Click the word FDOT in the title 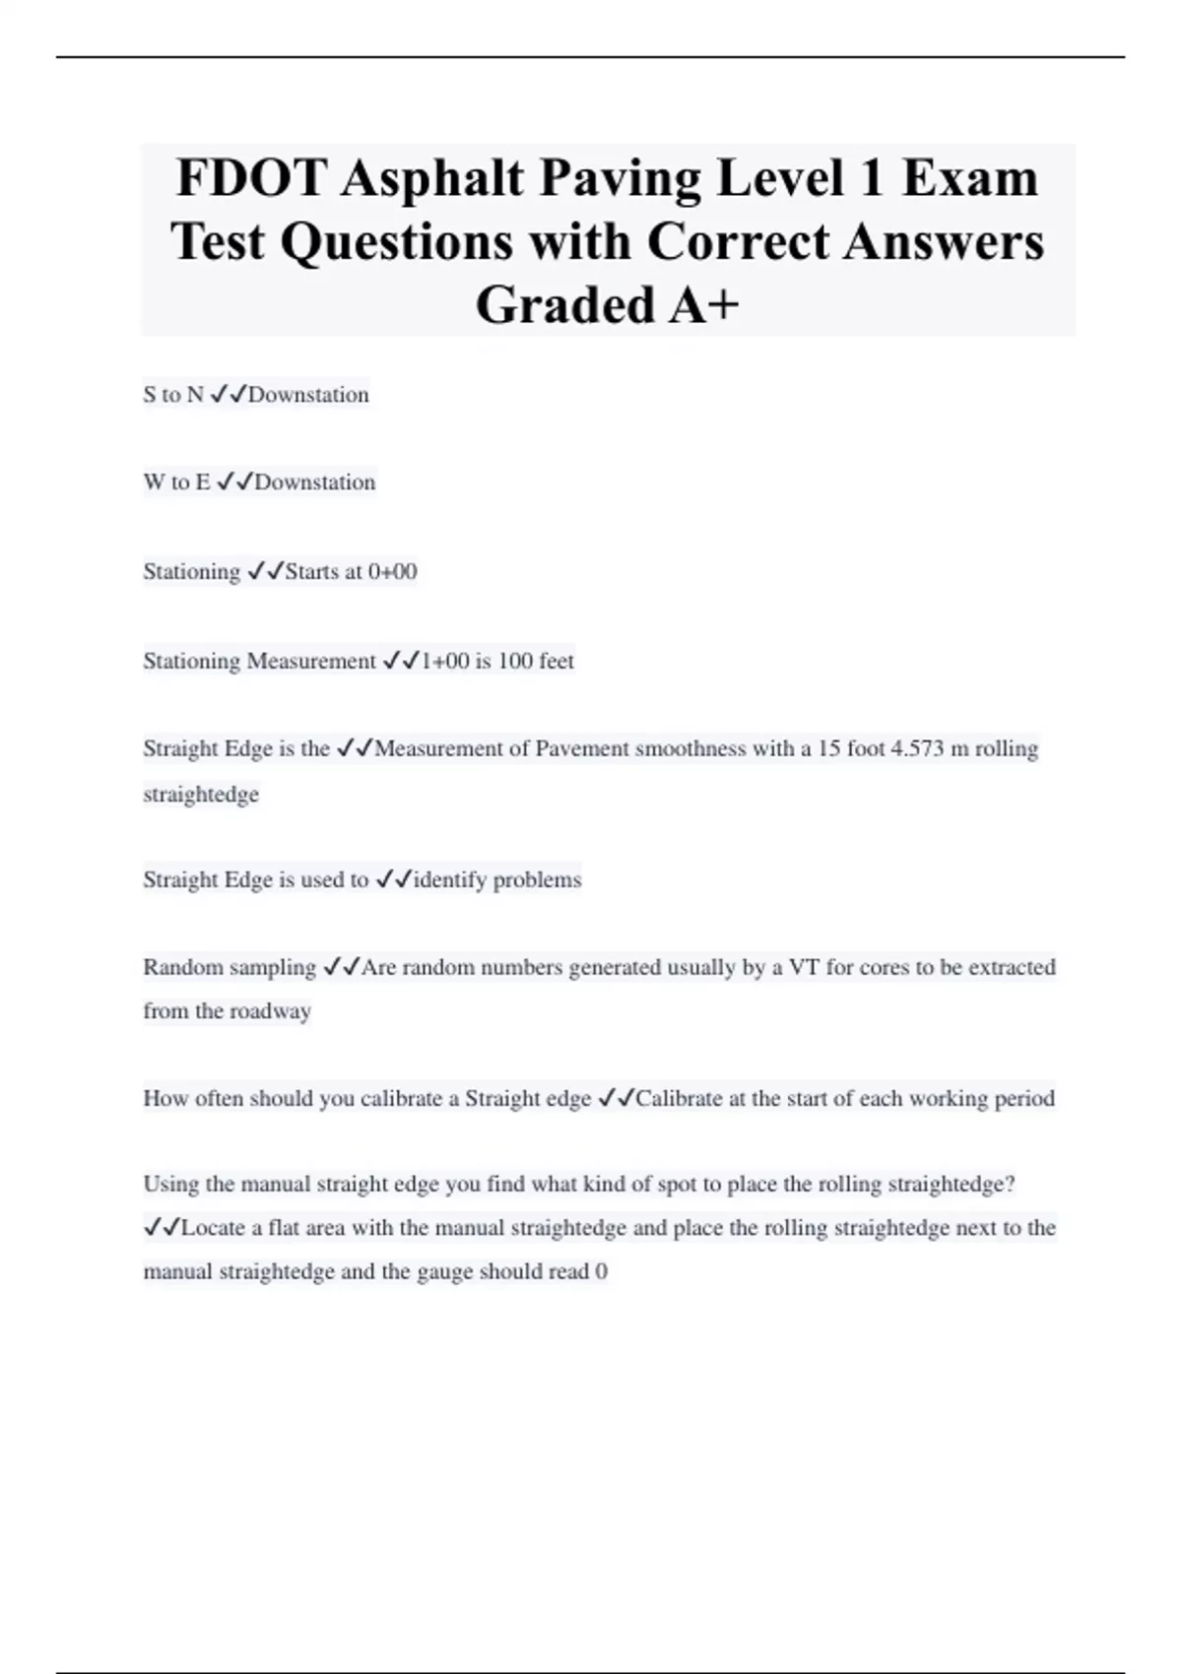251,178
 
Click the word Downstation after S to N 308,395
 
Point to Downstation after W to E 315,483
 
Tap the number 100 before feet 514,661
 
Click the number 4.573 916,748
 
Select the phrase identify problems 497,879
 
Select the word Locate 214,1228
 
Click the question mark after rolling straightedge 1009,1184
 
